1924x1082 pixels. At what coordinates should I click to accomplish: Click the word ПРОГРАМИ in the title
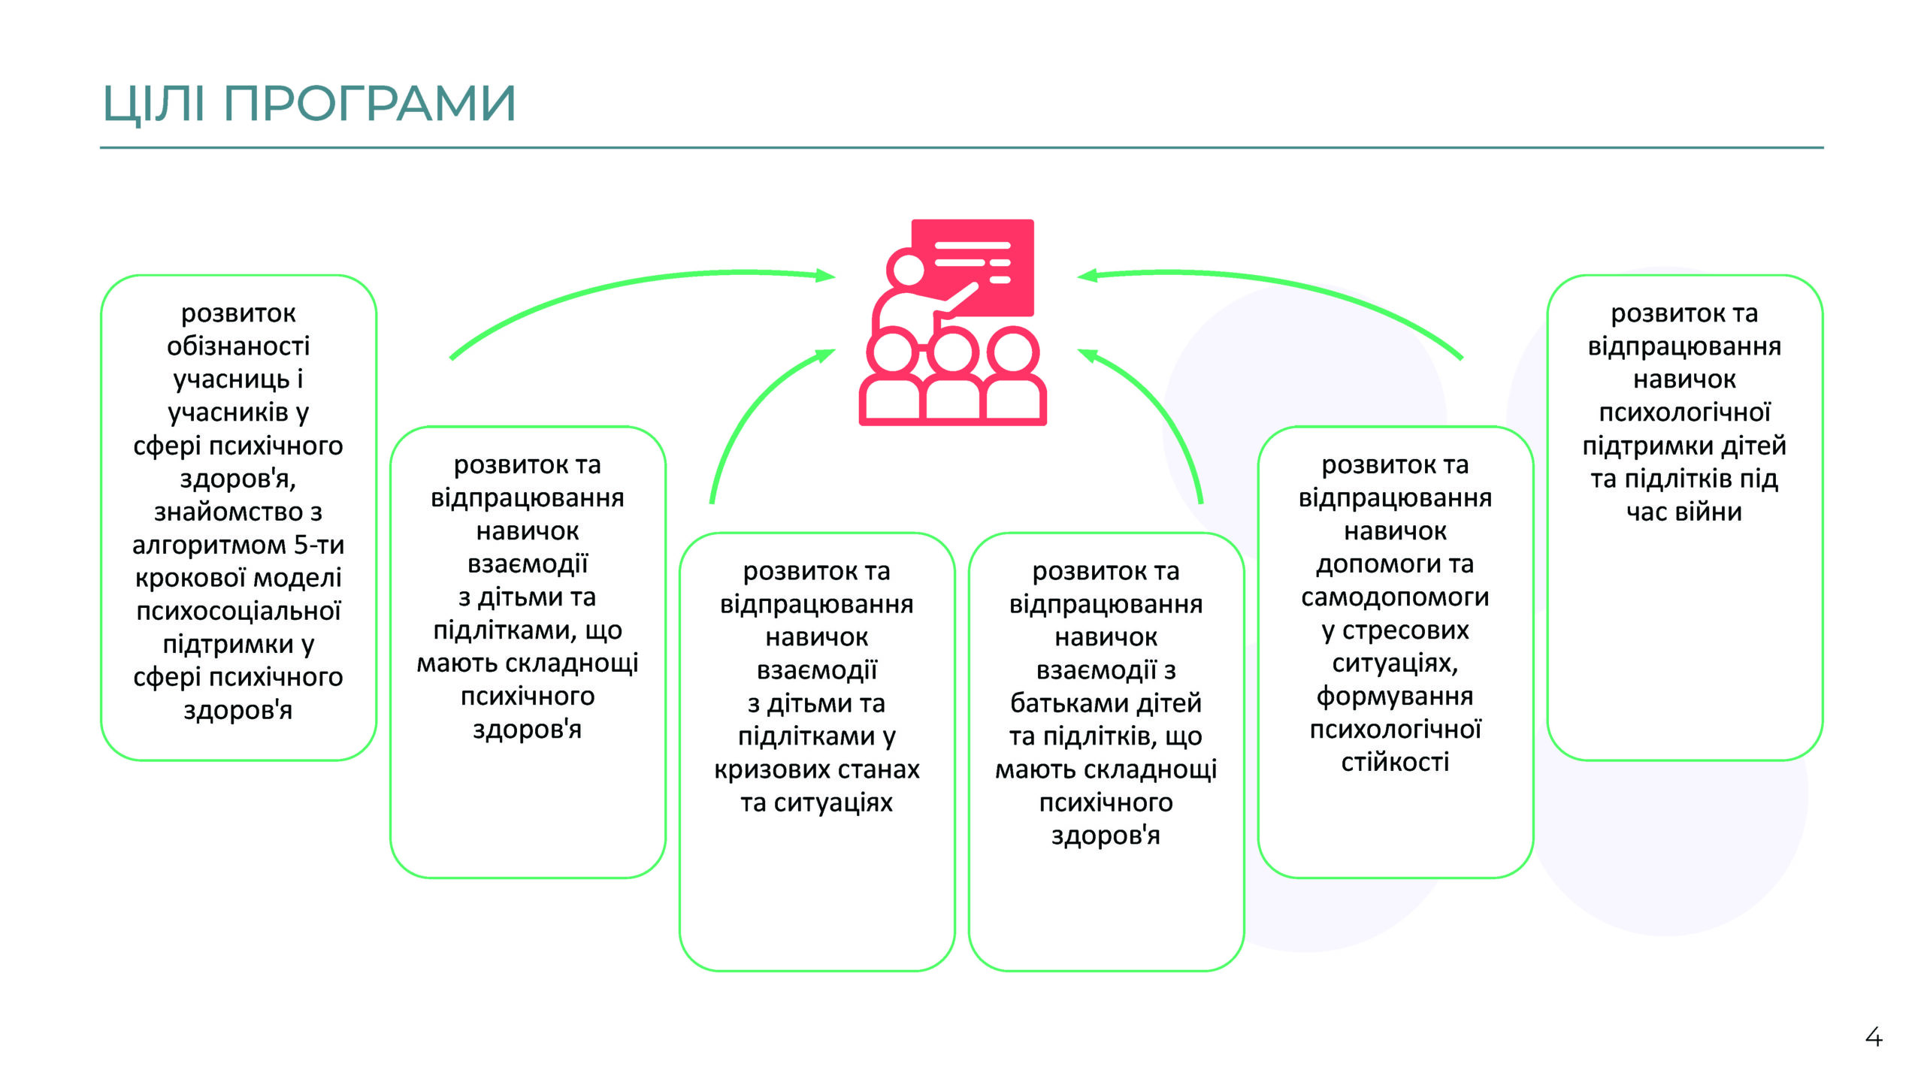[370, 103]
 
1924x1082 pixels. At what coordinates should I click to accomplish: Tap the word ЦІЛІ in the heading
[153, 104]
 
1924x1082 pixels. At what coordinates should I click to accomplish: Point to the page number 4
[1874, 1037]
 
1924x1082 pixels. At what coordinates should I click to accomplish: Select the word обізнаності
[238, 346]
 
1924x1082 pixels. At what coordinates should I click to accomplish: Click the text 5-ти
[319, 544]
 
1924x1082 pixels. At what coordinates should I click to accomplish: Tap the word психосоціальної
[238, 611]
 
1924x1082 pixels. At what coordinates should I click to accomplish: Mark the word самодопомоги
[1395, 597]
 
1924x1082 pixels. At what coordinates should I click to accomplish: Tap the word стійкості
[1395, 762]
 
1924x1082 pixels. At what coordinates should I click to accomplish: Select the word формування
[1395, 697]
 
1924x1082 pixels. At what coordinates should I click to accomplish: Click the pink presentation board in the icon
[973, 267]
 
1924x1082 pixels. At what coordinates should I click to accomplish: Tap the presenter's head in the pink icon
[907, 269]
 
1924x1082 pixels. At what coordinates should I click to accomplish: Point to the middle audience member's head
[952, 353]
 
